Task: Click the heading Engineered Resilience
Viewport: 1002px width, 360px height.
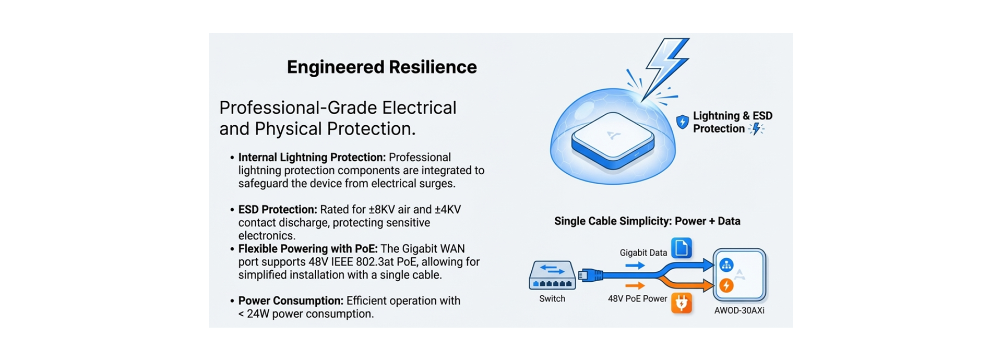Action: coord(381,67)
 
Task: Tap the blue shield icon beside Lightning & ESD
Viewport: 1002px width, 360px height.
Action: coord(682,122)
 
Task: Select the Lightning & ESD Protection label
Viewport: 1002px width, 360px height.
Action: coord(732,122)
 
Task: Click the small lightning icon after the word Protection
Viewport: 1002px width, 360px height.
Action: coord(756,129)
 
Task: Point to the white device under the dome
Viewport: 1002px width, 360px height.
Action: coord(613,140)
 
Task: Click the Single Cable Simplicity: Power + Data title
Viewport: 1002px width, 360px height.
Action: coord(647,221)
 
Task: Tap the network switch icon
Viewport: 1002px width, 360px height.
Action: coord(552,275)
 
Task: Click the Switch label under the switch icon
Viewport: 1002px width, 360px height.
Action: coord(552,298)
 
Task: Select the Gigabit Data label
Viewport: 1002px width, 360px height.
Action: coord(643,253)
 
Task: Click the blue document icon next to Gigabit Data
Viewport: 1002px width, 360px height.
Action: coord(681,248)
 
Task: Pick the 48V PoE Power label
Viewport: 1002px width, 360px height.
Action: coord(637,298)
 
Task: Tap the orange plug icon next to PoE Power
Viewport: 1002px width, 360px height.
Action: coord(681,303)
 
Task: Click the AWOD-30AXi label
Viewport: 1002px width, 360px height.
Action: coord(739,310)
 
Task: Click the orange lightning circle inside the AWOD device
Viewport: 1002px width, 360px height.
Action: coord(726,285)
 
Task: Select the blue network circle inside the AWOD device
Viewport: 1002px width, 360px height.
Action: coord(726,265)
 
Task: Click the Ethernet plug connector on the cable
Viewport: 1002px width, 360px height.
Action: coord(590,275)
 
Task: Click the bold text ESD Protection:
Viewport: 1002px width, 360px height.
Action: coord(278,210)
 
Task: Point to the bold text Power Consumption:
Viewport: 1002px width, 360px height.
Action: coord(291,301)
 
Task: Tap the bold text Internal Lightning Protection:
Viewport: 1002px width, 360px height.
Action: coord(312,158)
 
